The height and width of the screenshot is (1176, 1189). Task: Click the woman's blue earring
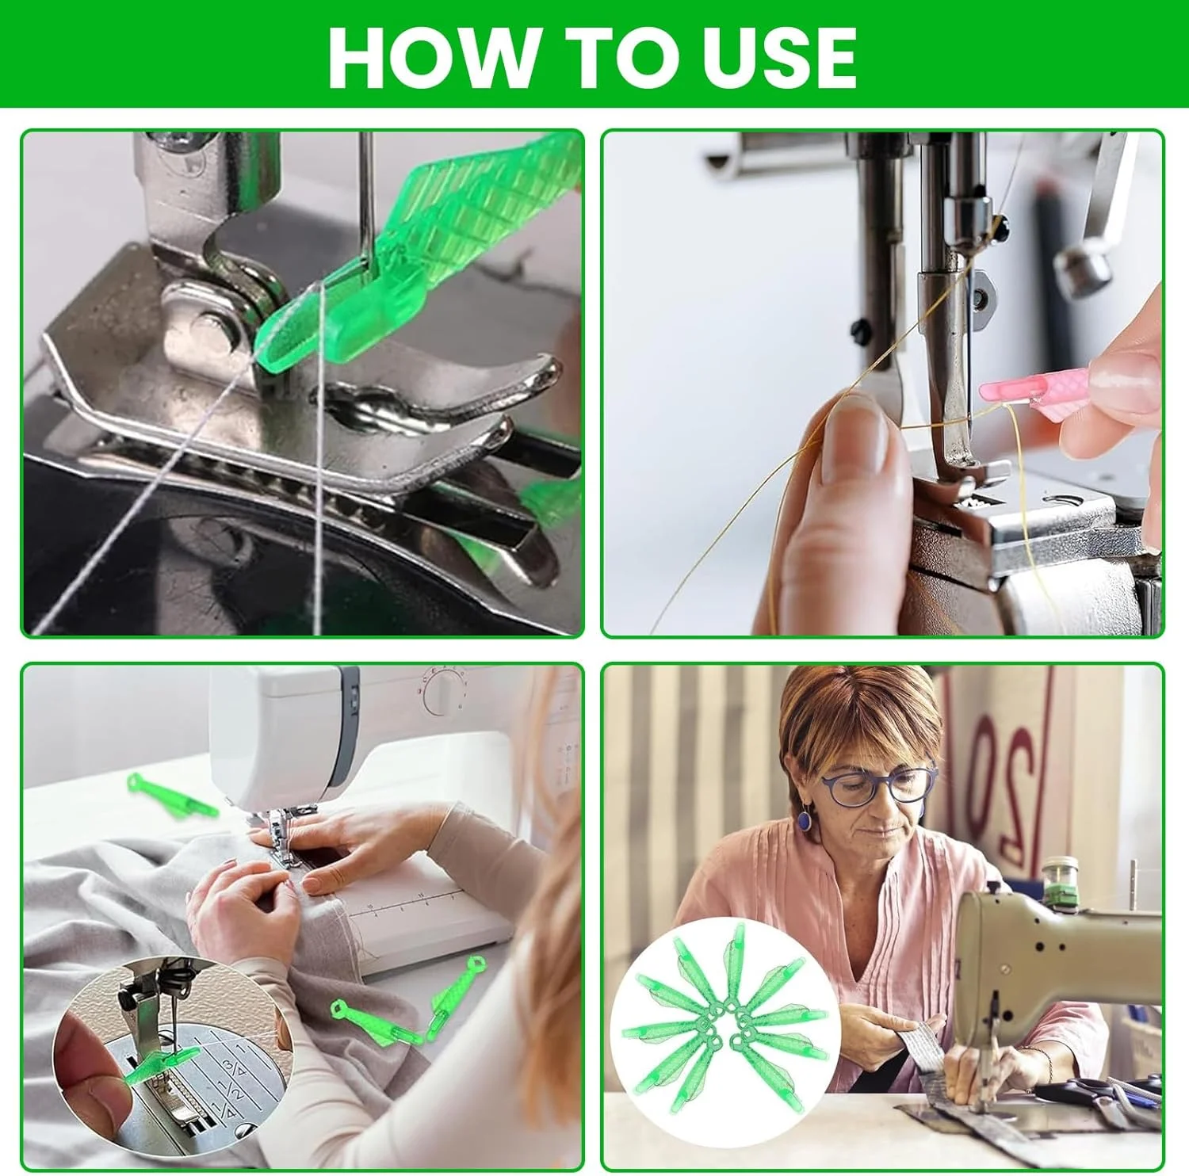click(804, 818)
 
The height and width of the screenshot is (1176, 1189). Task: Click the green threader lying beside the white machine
click(170, 795)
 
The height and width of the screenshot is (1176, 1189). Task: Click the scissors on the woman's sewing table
click(1094, 1094)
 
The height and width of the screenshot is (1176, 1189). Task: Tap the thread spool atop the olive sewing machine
click(1060, 879)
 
